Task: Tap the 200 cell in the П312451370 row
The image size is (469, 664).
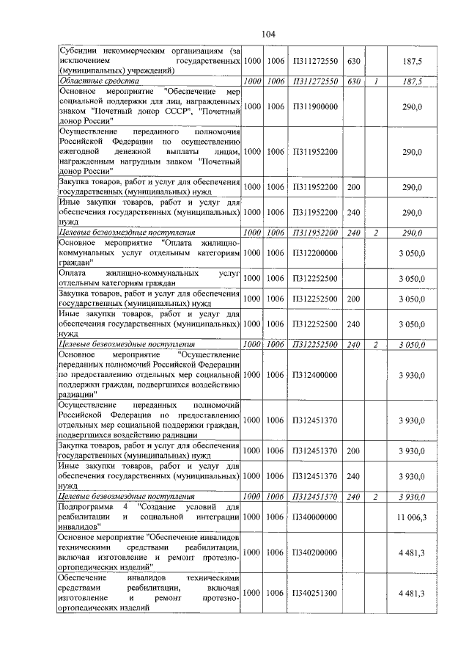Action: tap(353, 450)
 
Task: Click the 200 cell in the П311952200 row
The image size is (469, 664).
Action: tap(353, 187)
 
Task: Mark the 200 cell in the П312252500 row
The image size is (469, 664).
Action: tap(353, 299)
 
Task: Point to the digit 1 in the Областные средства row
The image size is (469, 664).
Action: tap(374, 81)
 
